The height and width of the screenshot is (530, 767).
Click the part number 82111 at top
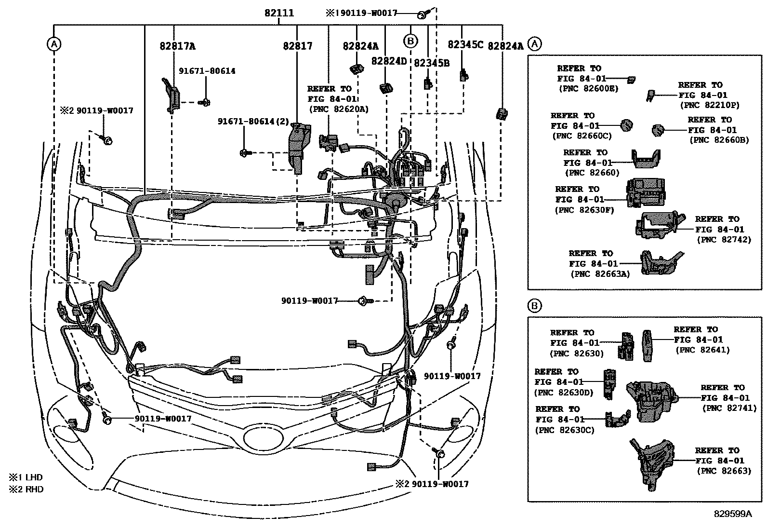click(279, 13)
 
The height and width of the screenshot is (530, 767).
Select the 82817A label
click(177, 46)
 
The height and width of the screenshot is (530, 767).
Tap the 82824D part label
click(389, 61)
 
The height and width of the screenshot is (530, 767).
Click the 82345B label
click(432, 62)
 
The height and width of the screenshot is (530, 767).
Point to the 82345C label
click(465, 44)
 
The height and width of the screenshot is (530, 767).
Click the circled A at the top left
click(54, 44)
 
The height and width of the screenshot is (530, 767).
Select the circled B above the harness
click(410, 41)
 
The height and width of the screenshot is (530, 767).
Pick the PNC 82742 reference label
click(724, 240)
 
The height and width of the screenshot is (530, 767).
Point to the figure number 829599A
click(732, 514)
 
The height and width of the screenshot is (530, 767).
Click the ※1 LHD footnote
click(26, 477)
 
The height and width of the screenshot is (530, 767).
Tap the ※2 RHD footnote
click(26, 489)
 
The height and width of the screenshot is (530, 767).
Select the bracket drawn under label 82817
click(298, 147)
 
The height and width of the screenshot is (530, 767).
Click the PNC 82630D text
click(564, 393)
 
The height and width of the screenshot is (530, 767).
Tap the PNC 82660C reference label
click(582, 136)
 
